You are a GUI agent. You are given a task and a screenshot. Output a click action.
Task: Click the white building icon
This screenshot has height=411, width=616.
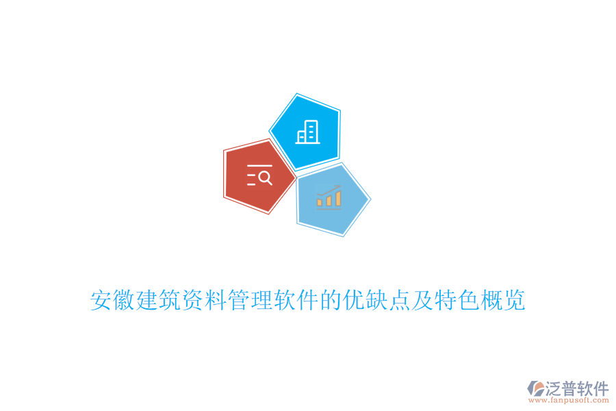(x=307, y=132)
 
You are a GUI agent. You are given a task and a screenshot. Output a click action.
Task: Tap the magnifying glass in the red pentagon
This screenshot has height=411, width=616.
(x=266, y=178)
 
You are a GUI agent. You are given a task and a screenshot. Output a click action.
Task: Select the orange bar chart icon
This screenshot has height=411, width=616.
(x=329, y=197)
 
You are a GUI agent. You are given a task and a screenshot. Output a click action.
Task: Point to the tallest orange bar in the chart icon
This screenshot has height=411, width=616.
(x=338, y=198)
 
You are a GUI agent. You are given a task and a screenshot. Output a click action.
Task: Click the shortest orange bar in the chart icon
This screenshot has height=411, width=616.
(x=320, y=202)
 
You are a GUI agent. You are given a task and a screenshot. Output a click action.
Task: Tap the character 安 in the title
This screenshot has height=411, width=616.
(x=101, y=300)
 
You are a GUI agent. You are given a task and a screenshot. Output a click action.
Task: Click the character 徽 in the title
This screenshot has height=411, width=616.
(x=124, y=300)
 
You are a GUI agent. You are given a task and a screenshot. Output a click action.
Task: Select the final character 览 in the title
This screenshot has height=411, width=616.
(x=514, y=300)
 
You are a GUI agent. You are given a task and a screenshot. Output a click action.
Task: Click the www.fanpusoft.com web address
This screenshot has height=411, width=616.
(x=569, y=400)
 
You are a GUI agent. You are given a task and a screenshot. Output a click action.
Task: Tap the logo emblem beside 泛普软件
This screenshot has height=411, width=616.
(x=536, y=388)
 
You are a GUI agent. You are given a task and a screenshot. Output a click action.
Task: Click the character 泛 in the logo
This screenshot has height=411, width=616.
(x=553, y=388)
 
